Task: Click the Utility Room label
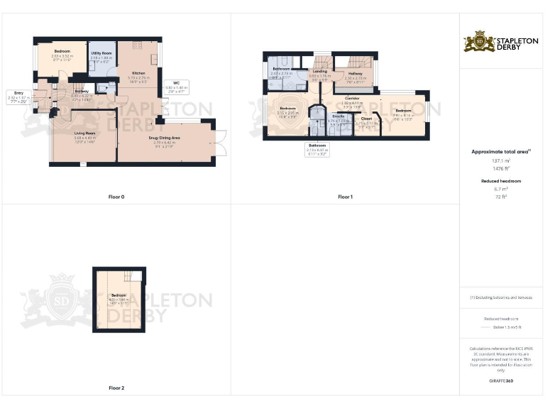(x=101, y=53)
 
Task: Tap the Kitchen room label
(x=138, y=73)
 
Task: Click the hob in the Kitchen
(x=136, y=45)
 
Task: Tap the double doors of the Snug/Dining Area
(x=220, y=143)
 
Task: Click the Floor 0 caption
(x=116, y=197)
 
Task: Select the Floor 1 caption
(x=345, y=197)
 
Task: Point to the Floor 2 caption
(x=116, y=388)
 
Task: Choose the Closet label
(x=366, y=119)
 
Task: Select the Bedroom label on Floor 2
(x=118, y=295)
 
